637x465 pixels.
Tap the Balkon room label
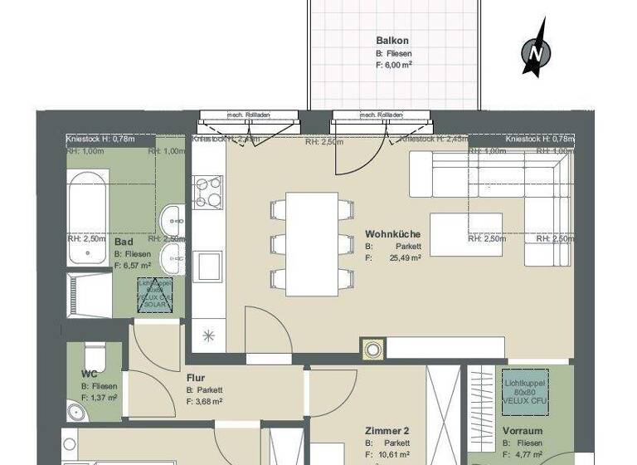pyautogui.click(x=391, y=40)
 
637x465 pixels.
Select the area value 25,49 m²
pyautogui.click(x=405, y=258)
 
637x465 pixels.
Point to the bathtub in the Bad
pyautogui.click(x=87, y=204)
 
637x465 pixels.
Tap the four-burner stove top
pyautogui.click(x=207, y=192)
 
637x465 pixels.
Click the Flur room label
pyautogui.click(x=196, y=378)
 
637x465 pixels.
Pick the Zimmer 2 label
pyautogui.click(x=387, y=432)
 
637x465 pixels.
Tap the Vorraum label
pyautogui.click(x=523, y=432)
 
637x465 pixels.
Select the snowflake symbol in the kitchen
pyautogui.click(x=207, y=336)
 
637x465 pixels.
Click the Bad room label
pyautogui.click(x=124, y=242)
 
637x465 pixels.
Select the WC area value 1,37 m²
pyautogui.click(x=104, y=399)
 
